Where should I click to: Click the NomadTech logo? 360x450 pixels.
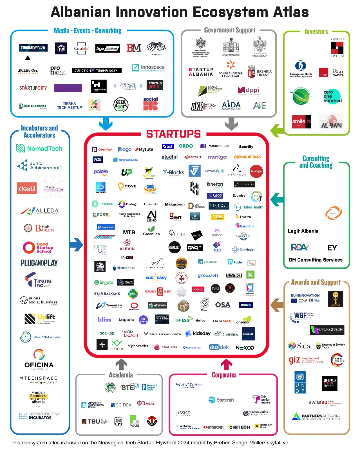click(39, 148)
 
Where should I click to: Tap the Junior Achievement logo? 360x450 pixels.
click(39, 165)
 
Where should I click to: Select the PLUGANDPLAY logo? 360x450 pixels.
click(39, 263)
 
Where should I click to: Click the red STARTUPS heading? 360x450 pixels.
click(173, 134)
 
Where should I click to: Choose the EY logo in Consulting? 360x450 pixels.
click(332, 248)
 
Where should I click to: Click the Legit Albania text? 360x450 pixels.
click(303, 231)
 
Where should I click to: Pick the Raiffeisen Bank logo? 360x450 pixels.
click(263, 426)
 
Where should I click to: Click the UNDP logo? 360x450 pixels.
click(300, 382)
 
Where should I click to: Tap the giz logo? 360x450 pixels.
click(294, 360)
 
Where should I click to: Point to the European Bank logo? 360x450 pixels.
click(301, 69)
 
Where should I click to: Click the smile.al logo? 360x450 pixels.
click(301, 121)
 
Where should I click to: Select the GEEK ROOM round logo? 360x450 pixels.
click(121, 105)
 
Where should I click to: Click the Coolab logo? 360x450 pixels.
click(81, 48)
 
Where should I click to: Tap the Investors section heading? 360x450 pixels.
click(316, 32)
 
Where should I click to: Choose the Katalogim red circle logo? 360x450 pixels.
click(256, 171)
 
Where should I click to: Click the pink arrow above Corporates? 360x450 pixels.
click(226, 364)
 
